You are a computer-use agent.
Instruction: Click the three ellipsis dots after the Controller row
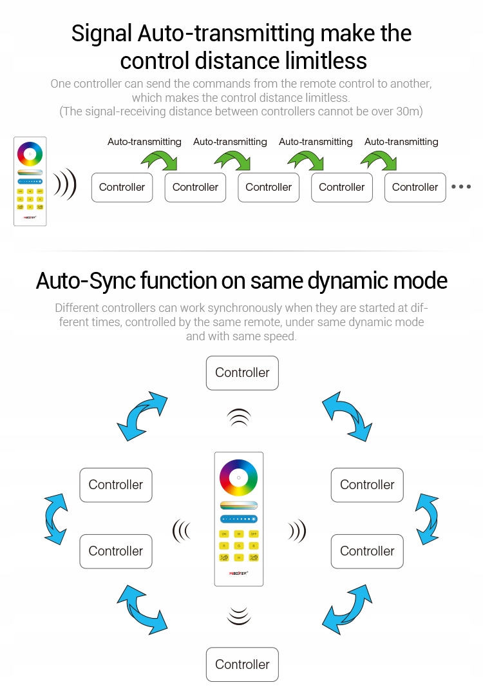point(461,187)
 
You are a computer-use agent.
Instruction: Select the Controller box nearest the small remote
point(122,188)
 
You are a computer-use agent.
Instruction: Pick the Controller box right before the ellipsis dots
point(415,188)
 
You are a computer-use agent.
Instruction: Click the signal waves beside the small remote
point(65,185)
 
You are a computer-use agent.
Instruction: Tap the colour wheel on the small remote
point(30,154)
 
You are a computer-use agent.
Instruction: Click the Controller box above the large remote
point(242,373)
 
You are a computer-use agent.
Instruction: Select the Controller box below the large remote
point(242,664)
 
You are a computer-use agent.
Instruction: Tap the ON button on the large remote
point(224,534)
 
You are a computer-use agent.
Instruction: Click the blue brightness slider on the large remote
point(238,519)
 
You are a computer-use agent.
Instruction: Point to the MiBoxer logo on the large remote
point(238,572)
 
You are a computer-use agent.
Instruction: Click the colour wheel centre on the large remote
point(238,478)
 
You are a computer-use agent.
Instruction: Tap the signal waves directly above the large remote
point(239,418)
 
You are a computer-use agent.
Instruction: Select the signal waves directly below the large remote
point(239,616)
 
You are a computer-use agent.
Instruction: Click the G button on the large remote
point(238,545)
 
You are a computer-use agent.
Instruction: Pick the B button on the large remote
point(253,545)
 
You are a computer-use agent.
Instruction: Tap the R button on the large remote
point(224,545)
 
